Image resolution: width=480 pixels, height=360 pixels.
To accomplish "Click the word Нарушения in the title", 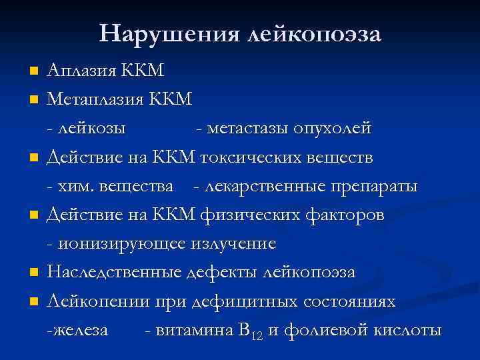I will click(171, 33).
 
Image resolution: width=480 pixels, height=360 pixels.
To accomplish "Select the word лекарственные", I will click(262, 187).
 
